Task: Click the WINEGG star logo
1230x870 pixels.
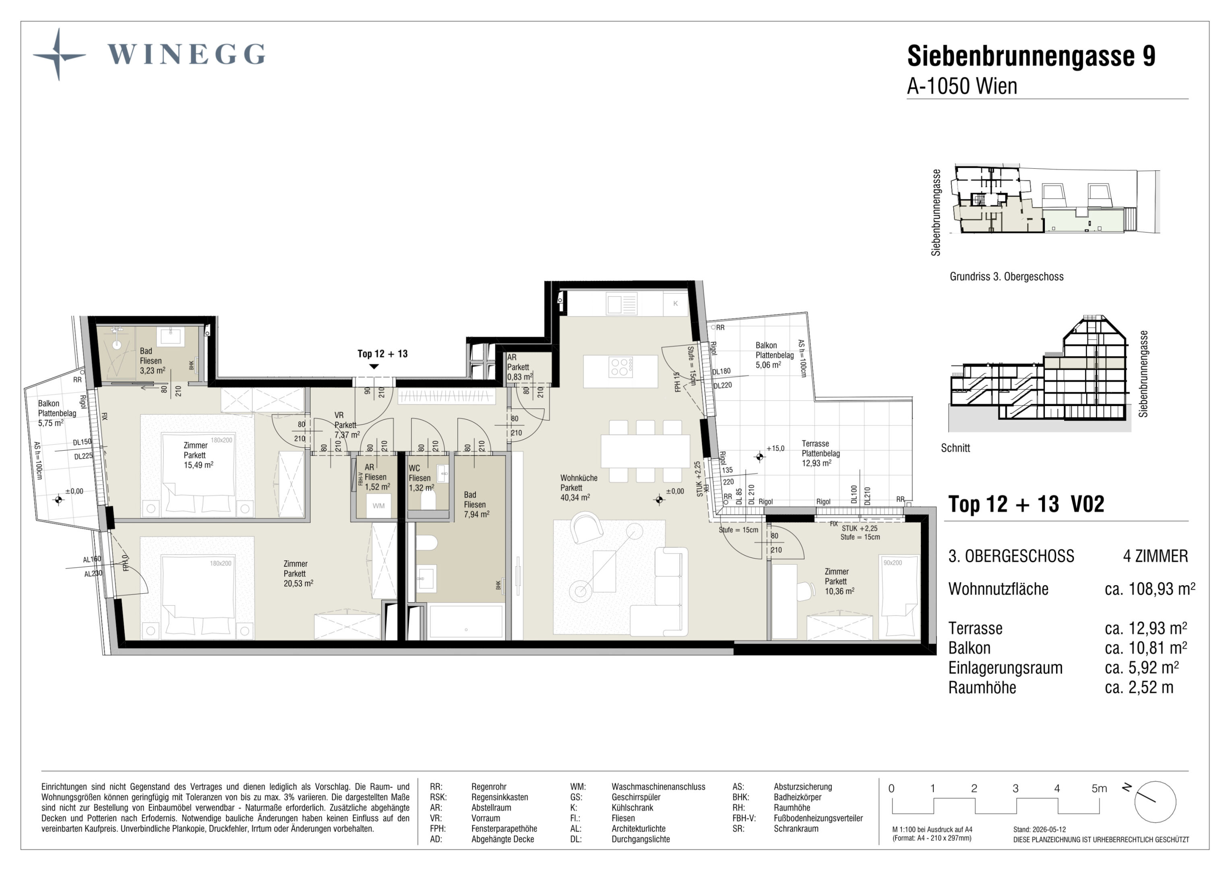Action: (x=59, y=55)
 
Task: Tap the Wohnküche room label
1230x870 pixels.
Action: (x=579, y=478)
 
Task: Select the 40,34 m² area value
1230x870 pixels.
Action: (x=575, y=497)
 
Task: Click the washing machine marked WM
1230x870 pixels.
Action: (x=379, y=505)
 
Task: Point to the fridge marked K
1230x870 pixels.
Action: (x=676, y=303)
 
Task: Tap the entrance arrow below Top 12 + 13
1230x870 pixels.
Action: (x=374, y=367)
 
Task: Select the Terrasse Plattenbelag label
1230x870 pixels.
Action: (x=820, y=449)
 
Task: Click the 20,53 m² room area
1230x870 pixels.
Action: (x=298, y=583)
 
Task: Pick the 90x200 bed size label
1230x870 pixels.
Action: (x=893, y=563)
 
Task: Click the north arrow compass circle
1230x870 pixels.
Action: (x=1155, y=802)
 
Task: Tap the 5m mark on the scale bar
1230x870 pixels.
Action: (x=1099, y=789)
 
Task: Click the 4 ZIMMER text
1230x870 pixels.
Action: (x=1156, y=556)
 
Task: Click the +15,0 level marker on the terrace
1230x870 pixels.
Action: (x=775, y=448)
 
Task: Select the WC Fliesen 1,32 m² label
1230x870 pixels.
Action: (x=421, y=478)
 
